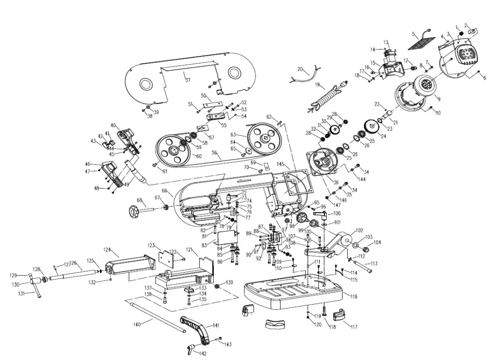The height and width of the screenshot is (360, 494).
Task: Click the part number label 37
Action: click(x=187, y=80)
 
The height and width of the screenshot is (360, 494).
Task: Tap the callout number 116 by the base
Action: click(x=354, y=296)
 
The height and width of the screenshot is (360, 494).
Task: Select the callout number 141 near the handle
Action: click(x=216, y=326)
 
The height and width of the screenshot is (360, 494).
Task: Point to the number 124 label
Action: click(x=107, y=250)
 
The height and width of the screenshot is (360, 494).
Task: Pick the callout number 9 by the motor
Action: click(x=438, y=98)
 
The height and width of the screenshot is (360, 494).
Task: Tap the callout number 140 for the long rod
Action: click(x=137, y=324)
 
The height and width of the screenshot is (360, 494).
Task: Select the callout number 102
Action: click(x=359, y=230)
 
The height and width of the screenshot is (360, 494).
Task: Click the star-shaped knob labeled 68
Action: click(x=134, y=212)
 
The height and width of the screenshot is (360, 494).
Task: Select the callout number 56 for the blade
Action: click(x=214, y=152)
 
